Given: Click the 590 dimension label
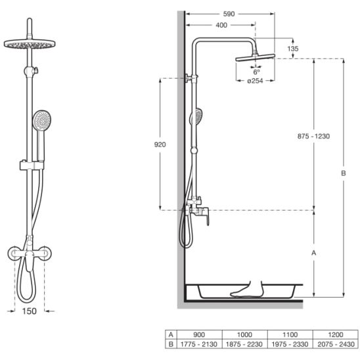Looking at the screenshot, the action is click(229, 14).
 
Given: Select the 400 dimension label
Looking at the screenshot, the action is click(221, 25).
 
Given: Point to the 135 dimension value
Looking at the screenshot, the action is click(293, 49).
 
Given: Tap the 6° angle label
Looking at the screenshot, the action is click(256, 72).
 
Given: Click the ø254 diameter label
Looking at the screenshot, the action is click(255, 81).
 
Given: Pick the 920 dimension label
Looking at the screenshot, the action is click(160, 145).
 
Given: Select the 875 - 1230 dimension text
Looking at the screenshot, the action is click(313, 136).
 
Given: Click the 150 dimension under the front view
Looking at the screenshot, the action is click(30, 311).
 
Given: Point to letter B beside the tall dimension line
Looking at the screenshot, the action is click(343, 173).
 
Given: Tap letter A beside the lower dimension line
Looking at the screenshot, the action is click(313, 253).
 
